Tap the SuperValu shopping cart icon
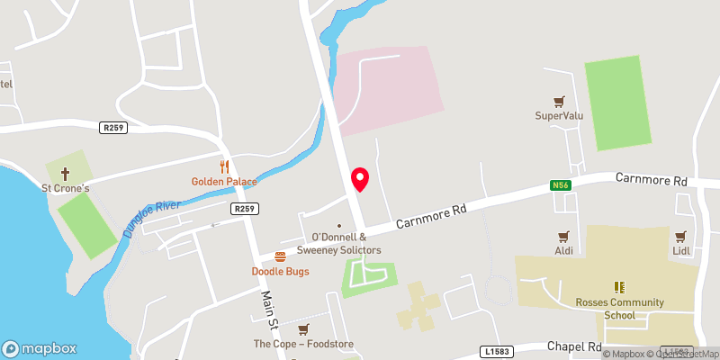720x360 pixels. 561,102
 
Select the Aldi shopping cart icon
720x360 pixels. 564,237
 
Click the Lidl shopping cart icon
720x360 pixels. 680,237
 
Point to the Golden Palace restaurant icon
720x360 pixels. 224,166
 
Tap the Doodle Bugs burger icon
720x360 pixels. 280,256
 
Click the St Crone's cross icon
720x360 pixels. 65,173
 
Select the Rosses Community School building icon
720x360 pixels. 619,286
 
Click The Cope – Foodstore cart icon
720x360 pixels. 303,329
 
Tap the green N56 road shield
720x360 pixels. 562,186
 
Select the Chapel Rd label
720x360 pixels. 574,346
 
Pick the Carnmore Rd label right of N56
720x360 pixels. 651,180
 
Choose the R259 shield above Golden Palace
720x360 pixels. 113,128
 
